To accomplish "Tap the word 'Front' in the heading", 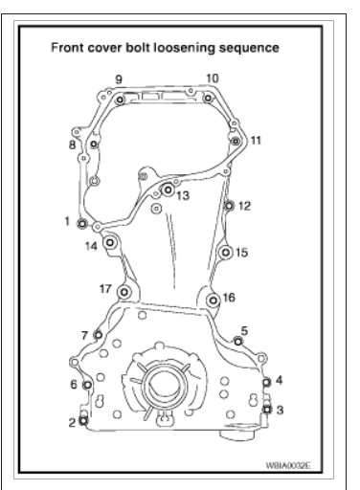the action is (67, 48).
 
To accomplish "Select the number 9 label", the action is (119, 79).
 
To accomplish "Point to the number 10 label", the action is (213, 78).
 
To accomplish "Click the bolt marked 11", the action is (236, 141).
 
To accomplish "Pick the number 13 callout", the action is (183, 195).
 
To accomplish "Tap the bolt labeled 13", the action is (168, 189).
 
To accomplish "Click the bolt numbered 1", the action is (82, 224).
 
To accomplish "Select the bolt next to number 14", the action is (110, 243).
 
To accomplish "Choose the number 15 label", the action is (241, 253).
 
